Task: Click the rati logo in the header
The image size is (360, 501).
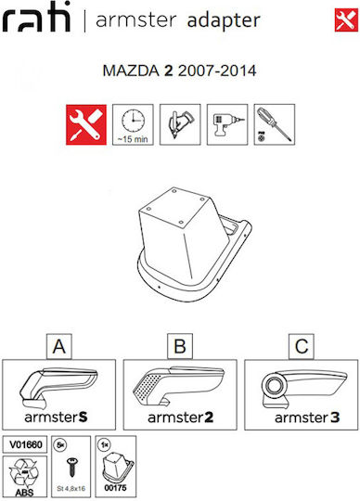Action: (36, 18)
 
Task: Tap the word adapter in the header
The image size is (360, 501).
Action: (224, 20)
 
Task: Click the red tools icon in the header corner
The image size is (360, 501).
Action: (346, 20)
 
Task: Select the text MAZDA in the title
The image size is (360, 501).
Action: (131, 71)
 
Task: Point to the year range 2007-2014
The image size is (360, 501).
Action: (217, 71)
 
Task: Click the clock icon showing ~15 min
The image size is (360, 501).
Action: (133, 124)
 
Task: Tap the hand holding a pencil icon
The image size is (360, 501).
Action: (180, 124)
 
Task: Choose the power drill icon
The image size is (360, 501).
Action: (227, 124)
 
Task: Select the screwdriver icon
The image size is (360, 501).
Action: (275, 124)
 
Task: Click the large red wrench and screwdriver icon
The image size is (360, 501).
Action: (86, 124)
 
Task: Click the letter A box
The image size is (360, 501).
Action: (59, 346)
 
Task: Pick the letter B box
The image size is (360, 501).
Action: (180, 346)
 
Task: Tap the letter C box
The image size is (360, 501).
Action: (302, 346)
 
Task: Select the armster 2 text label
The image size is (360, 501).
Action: (181, 417)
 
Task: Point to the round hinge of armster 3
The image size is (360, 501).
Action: (274, 385)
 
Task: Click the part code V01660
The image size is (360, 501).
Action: (25, 444)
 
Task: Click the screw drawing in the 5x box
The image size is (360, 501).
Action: (72, 467)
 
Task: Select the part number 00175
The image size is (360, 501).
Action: (115, 488)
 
